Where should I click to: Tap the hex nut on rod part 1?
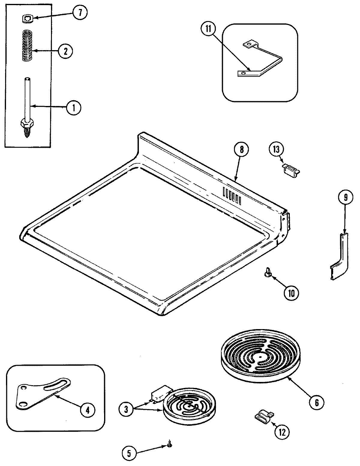[x=26, y=123]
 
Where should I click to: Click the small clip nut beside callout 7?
[x=27, y=19]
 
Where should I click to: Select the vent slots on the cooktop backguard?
[x=232, y=195]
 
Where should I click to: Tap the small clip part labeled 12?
[x=264, y=416]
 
